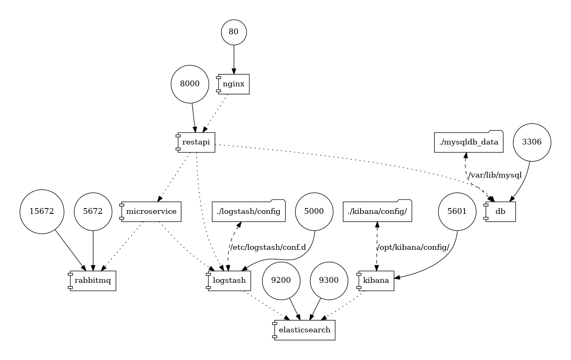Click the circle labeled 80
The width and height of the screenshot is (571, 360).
click(x=234, y=32)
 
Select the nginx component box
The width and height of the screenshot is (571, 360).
click(x=234, y=84)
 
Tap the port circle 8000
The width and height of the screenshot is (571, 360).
click(x=190, y=84)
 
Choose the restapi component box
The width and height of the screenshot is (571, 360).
click(x=196, y=142)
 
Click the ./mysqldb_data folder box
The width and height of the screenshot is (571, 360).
click(x=469, y=142)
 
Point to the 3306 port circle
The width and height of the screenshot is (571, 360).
click(x=532, y=142)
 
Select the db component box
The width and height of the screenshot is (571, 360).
click(x=500, y=211)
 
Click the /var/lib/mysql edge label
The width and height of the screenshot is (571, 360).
click(x=495, y=175)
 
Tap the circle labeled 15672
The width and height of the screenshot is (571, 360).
click(x=42, y=211)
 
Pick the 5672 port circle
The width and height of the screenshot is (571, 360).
click(x=93, y=211)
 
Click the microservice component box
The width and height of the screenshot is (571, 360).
click(x=151, y=211)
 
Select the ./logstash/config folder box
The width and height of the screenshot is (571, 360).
click(x=248, y=211)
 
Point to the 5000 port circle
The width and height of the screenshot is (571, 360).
click(x=314, y=211)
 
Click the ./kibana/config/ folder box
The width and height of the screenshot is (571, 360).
click(x=377, y=211)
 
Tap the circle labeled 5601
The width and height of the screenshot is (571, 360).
click(x=457, y=211)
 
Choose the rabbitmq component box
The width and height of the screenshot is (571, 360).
click(x=93, y=281)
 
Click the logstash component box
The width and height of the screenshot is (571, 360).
click(x=229, y=281)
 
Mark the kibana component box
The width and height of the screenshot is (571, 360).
click(x=376, y=281)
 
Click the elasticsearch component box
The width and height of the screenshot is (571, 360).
click(x=304, y=330)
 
